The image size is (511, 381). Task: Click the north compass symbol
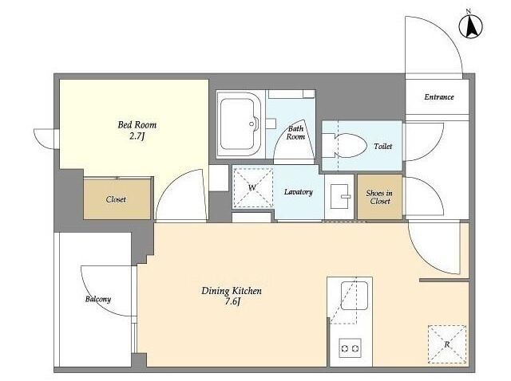tap(470, 26)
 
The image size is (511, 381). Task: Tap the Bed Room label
tap(137, 125)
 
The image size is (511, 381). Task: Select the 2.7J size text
tap(137, 136)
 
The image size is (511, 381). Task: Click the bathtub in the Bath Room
tap(239, 124)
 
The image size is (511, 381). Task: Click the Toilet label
tap(383, 147)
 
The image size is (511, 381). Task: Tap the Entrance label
tap(439, 97)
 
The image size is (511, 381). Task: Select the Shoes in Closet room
tap(380, 197)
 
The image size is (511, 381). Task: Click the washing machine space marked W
tap(252, 187)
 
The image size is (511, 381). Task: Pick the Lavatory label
tap(298, 192)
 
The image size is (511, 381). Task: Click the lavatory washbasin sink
tap(339, 197)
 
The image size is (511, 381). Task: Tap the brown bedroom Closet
tap(117, 198)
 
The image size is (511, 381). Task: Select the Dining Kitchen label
tap(232, 291)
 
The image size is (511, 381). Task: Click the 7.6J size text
tap(232, 302)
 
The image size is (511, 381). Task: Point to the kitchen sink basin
tap(355, 296)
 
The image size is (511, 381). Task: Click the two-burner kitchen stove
tap(350, 348)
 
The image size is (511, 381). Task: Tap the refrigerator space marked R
tap(447, 344)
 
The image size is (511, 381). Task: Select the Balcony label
tap(98, 299)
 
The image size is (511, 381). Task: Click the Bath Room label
tap(296, 133)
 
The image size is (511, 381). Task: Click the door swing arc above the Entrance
tap(447, 37)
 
